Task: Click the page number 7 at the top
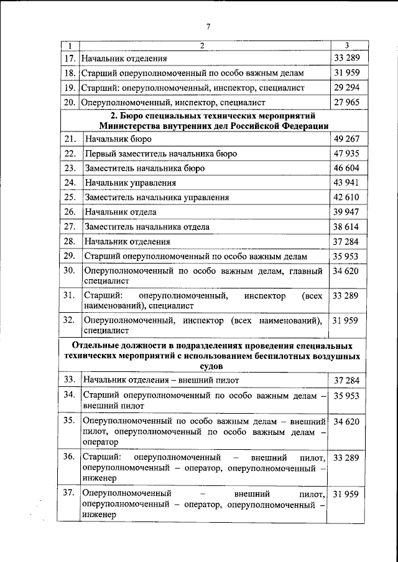pos(208,26)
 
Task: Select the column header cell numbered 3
pos(346,46)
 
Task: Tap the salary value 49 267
pos(346,139)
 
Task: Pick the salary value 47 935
pos(346,153)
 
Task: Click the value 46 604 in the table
pos(346,168)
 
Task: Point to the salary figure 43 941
pos(346,183)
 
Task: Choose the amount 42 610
pos(346,198)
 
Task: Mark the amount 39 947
pos(346,212)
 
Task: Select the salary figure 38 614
pos(346,227)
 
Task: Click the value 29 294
pos(346,87)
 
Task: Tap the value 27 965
pos(346,102)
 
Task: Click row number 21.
pos(70,139)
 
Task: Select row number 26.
pos(70,212)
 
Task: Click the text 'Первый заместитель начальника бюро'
pos(162,154)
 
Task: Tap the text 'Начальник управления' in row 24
pos(131,183)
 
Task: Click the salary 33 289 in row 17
pos(346,59)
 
